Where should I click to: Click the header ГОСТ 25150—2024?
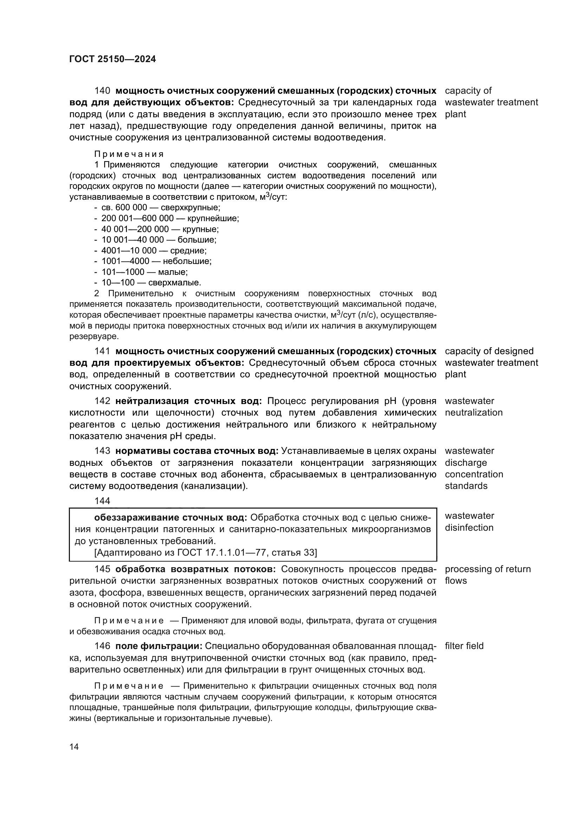tap(112, 59)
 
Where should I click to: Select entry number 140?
tap(102, 91)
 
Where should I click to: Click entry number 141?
tap(102, 351)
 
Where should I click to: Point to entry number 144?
tap(102, 501)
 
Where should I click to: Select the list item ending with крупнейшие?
tap(170, 218)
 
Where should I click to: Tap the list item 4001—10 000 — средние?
tap(154, 251)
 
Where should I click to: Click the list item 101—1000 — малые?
tap(144, 272)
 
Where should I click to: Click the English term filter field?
tap(464, 646)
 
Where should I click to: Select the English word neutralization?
tap(474, 413)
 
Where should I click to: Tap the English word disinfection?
tap(469, 528)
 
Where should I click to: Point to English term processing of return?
tap(488, 569)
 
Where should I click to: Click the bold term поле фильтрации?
tap(159, 646)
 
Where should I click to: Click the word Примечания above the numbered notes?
tap(129, 154)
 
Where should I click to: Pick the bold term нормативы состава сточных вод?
tap(197, 451)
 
